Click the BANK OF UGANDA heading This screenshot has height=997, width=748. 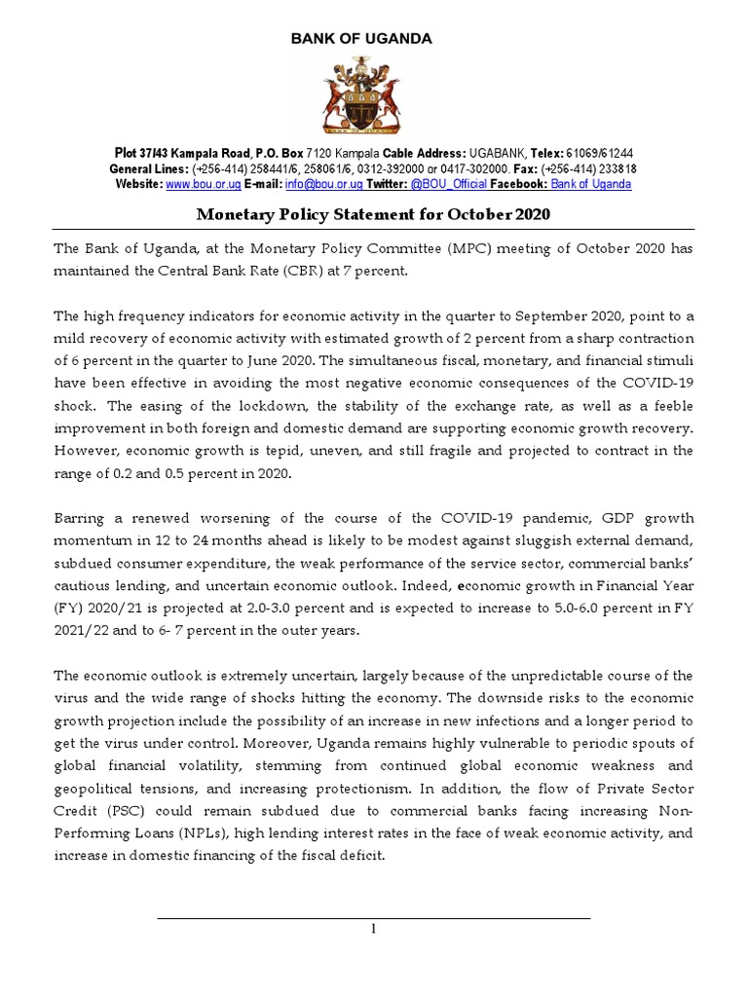click(x=361, y=39)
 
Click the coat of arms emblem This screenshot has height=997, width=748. click(x=361, y=93)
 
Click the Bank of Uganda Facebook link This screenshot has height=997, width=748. click(x=590, y=184)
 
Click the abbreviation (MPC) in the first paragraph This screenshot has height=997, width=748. click(x=422, y=248)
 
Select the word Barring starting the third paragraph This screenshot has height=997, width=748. click(x=82, y=519)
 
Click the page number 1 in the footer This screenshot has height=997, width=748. click(x=372, y=929)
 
